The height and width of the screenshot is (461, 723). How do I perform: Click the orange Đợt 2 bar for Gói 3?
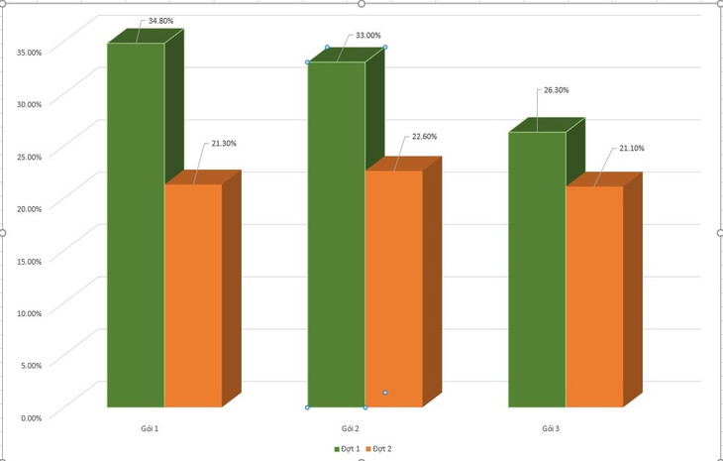(x=594, y=296)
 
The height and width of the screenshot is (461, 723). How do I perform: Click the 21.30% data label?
(x=223, y=144)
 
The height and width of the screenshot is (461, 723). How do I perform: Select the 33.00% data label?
(x=367, y=36)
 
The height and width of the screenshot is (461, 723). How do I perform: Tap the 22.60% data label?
(x=424, y=137)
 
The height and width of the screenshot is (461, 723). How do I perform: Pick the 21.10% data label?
(x=631, y=148)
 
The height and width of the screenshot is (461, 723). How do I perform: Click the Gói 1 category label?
(x=150, y=428)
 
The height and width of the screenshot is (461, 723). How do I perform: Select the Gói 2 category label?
(x=351, y=428)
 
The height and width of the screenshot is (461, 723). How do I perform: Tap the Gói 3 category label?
(x=551, y=428)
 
